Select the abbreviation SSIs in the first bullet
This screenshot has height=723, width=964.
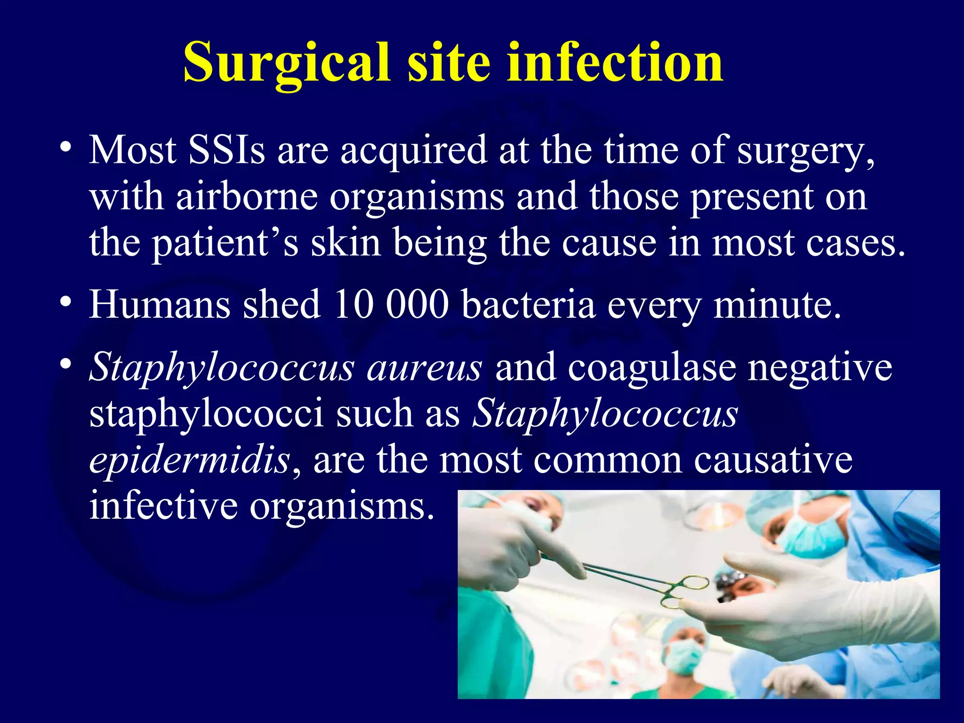226,150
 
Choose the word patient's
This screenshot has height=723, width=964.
225,243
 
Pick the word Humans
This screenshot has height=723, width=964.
159,305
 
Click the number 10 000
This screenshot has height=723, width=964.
390,305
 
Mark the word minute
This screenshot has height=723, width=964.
777,305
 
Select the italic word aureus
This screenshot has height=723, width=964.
424,367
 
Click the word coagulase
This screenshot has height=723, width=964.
652,367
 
